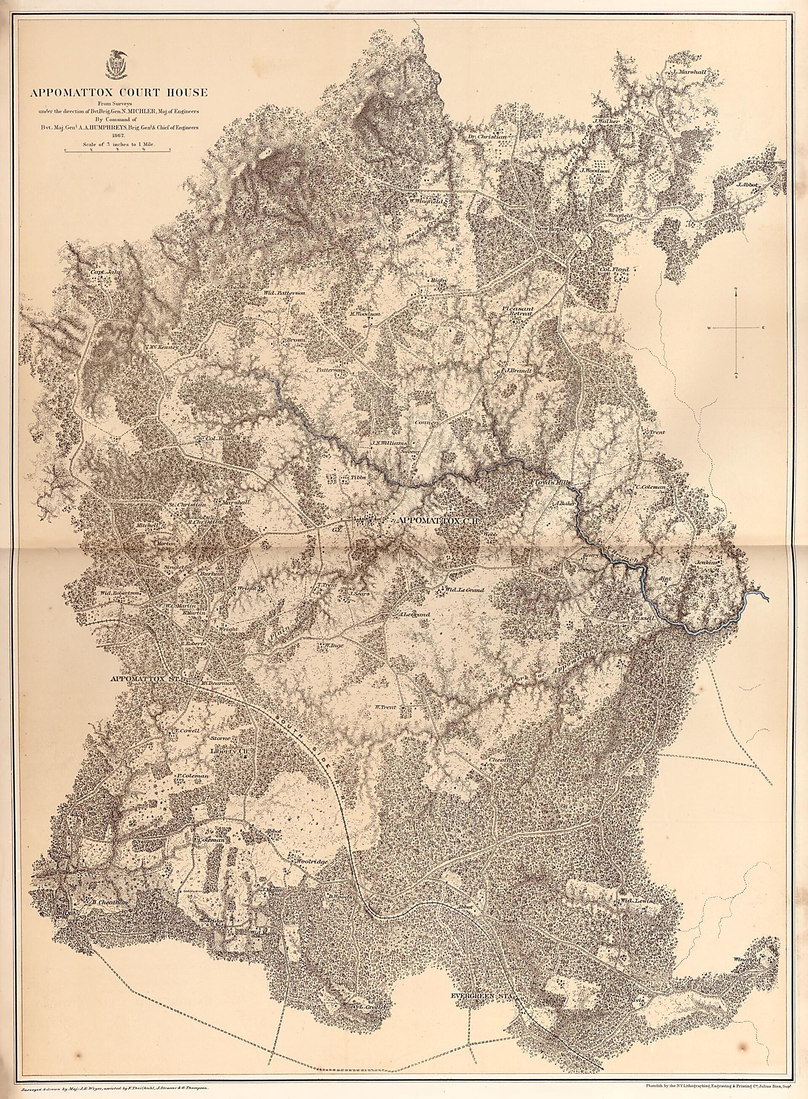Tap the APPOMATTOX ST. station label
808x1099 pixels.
[146, 679]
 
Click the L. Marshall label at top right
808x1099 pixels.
[689, 72]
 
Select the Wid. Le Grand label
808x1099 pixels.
[464, 590]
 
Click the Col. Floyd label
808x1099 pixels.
[617, 269]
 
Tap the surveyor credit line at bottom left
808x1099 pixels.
[115, 1086]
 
